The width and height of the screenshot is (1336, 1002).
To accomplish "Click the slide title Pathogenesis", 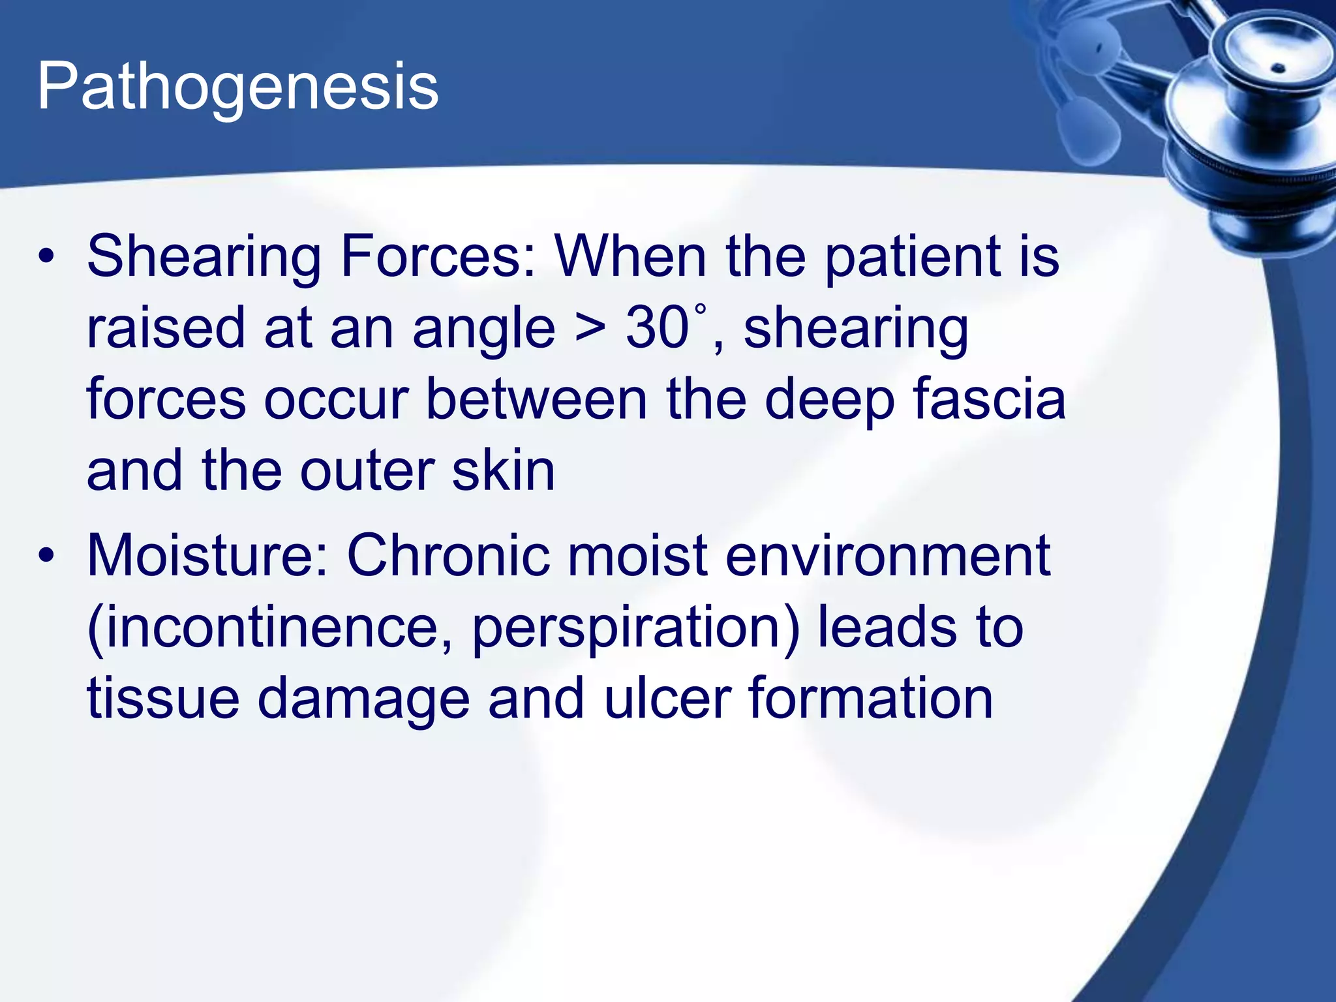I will (x=237, y=87).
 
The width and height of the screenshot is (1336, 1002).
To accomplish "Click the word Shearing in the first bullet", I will (x=204, y=258).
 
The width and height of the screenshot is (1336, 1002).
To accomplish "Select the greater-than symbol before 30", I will (x=590, y=329).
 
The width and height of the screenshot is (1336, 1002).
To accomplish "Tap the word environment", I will (x=887, y=556).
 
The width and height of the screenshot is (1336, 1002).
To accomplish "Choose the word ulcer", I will (x=667, y=699).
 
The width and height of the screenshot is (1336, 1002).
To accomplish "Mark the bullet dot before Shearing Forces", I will (x=46, y=258).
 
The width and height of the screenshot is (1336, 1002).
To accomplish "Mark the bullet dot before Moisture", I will (x=46, y=556).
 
